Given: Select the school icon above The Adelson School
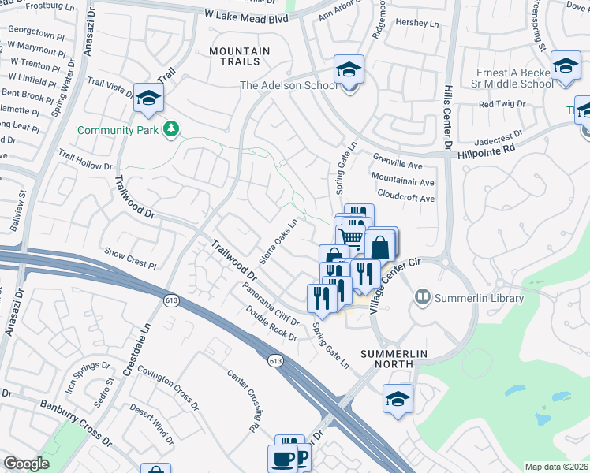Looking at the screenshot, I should [347, 69].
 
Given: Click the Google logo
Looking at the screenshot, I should [26, 464].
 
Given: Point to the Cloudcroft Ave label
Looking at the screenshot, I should [406, 198].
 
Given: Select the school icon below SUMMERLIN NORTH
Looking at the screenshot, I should [397, 399].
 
